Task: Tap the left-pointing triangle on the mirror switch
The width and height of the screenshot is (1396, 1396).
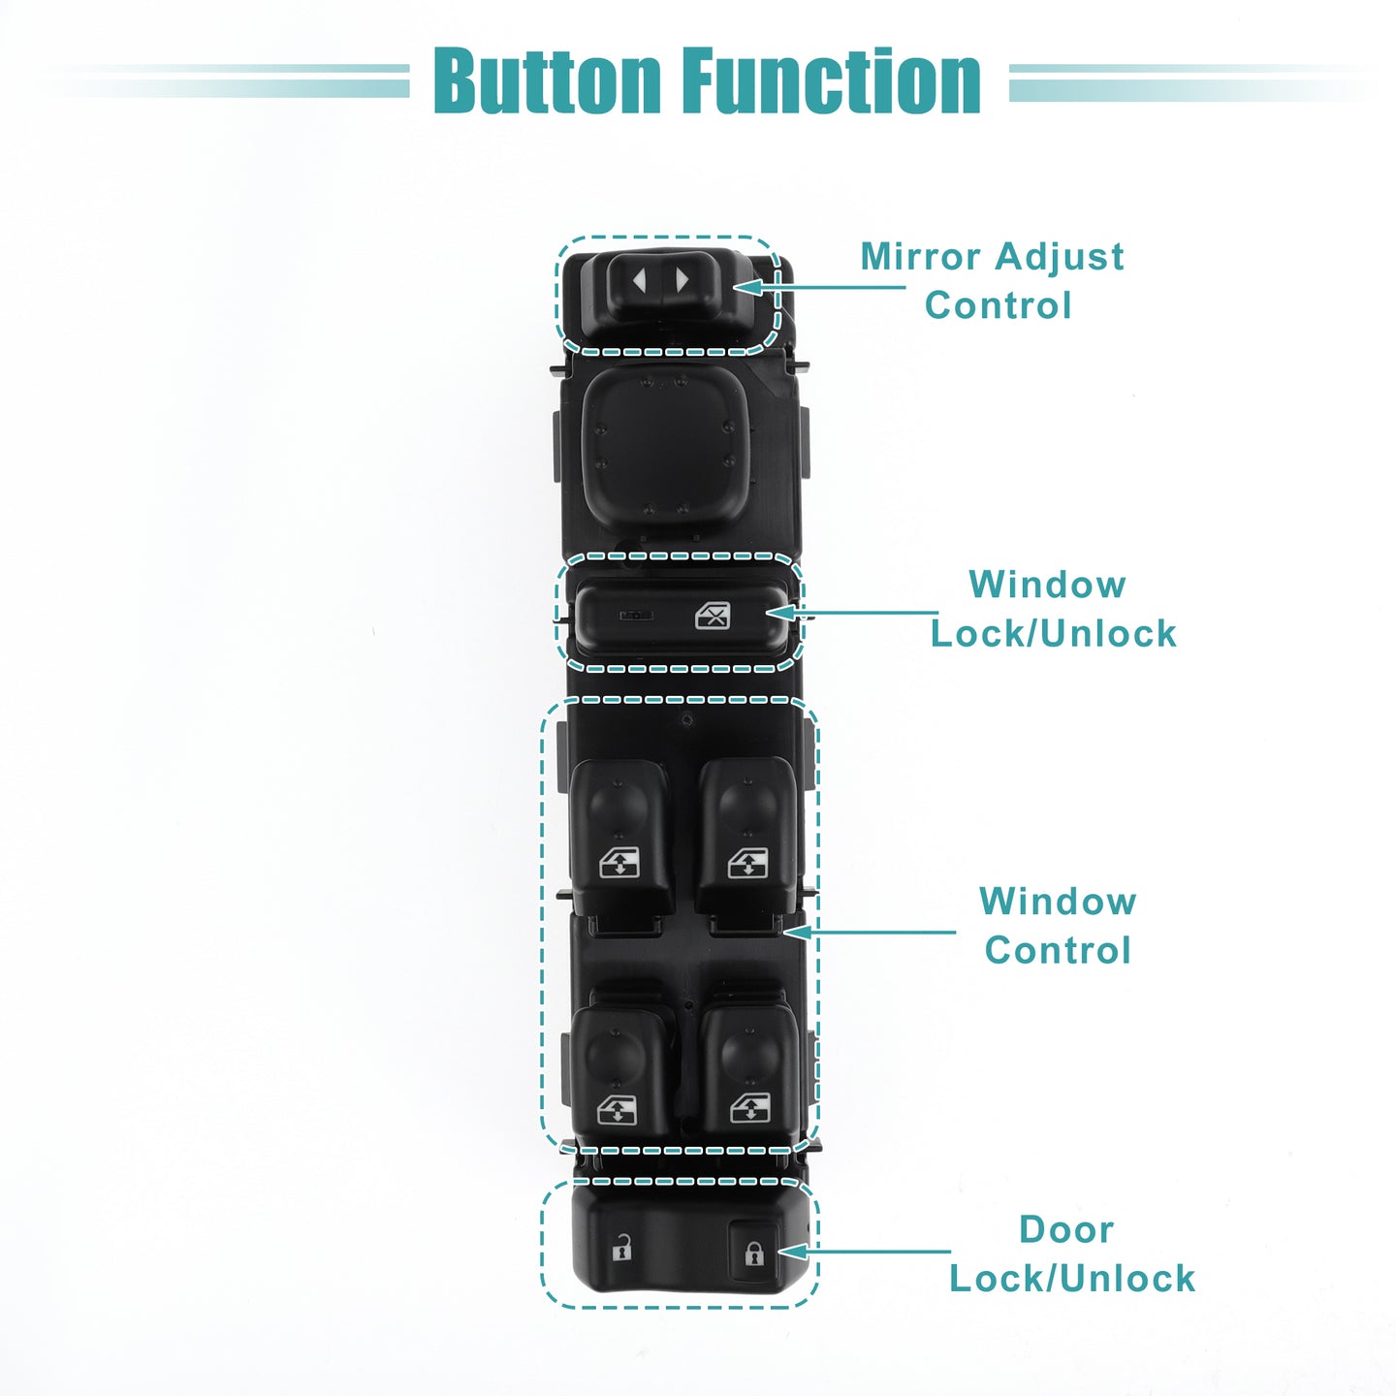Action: pyautogui.click(x=639, y=279)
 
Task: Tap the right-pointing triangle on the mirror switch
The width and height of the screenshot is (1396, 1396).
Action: pyautogui.click(x=682, y=279)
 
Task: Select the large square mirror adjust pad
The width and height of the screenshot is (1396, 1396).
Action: pyautogui.click(x=663, y=448)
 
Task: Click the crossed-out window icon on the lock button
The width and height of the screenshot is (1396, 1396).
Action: pyautogui.click(x=713, y=616)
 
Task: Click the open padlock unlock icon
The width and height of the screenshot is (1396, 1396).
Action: pyautogui.click(x=621, y=1248)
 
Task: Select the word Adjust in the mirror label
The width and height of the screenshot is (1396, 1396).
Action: pyautogui.click(x=1060, y=258)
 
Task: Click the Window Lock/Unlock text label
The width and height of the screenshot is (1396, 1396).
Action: pyautogui.click(x=1054, y=609)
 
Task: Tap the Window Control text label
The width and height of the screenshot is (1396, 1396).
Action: pyautogui.click(x=1058, y=926)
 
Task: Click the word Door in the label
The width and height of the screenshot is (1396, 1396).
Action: pyautogui.click(x=1066, y=1229)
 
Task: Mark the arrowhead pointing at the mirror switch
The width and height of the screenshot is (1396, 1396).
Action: pyautogui.click(x=747, y=287)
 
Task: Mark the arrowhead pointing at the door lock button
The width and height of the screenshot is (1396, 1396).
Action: pyautogui.click(x=793, y=1252)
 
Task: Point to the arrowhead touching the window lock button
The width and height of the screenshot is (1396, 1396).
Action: pyautogui.click(x=781, y=613)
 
